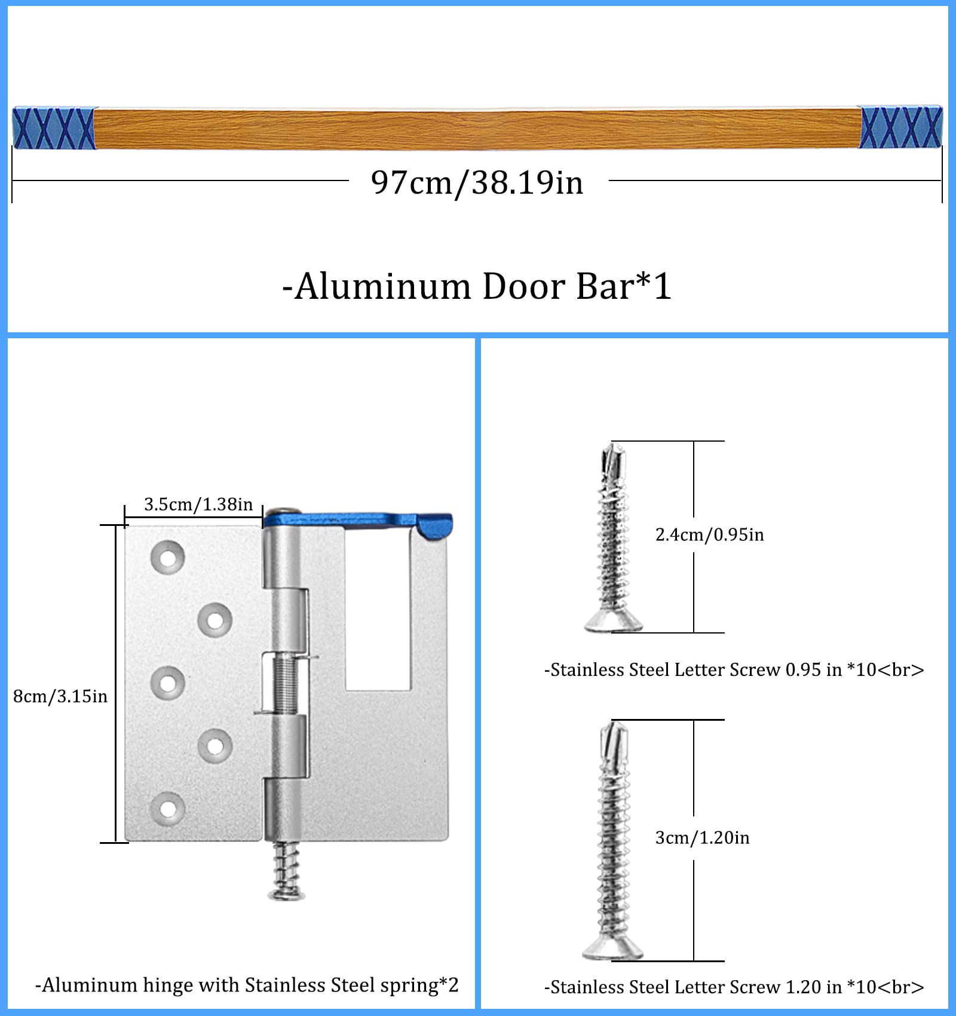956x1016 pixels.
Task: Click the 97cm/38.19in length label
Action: pos(477,182)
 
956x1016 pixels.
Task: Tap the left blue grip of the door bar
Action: pos(54,127)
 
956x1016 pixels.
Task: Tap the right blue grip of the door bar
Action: pos(900,127)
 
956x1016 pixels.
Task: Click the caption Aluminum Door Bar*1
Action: pos(477,286)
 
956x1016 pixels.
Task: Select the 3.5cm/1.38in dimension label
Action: pos(198,504)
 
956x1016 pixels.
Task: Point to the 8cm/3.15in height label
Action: pos(60,696)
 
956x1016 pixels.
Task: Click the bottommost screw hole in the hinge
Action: pos(168,809)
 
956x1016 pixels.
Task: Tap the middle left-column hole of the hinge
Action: pos(168,683)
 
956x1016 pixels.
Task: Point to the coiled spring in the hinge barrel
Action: pos(286,684)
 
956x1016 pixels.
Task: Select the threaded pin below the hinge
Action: pos(286,870)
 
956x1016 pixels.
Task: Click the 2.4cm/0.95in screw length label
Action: pos(709,534)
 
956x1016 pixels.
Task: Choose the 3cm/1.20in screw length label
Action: pos(702,838)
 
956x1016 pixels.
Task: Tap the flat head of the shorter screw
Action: pos(613,623)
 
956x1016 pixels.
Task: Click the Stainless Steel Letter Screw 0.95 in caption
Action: pos(734,670)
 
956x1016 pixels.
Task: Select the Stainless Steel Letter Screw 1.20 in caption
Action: pos(734,987)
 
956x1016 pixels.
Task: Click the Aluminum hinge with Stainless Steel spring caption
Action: pos(247,985)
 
